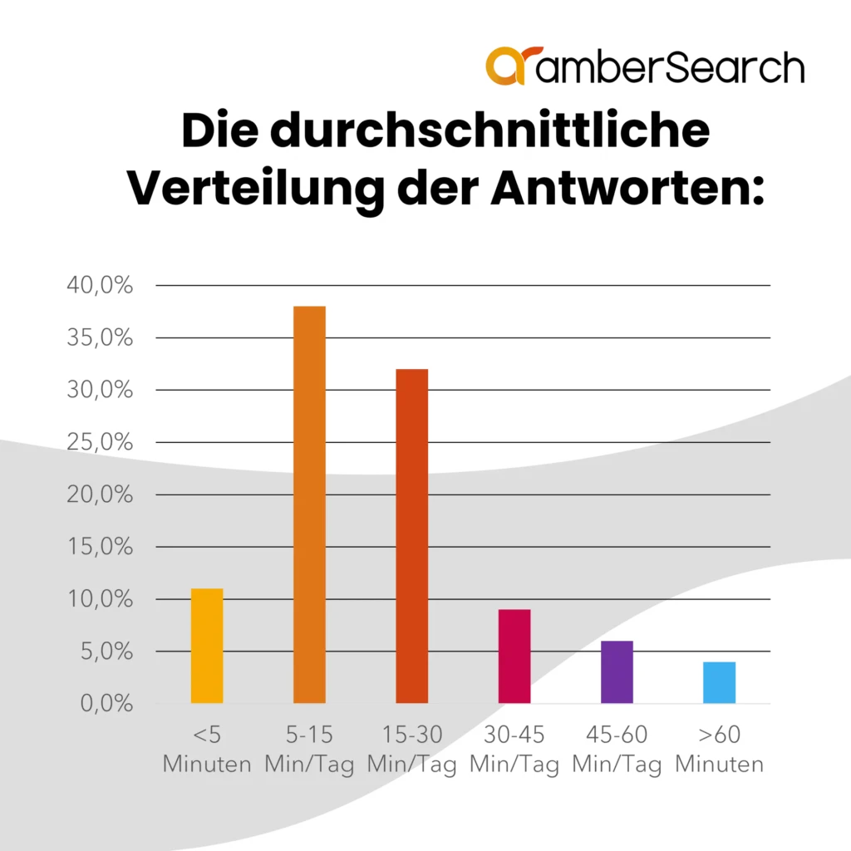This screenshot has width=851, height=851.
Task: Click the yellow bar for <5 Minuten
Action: tap(207, 646)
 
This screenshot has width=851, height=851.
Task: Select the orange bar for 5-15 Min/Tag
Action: tap(309, 504)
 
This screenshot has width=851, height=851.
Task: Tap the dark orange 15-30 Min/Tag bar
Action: tap(411, 536)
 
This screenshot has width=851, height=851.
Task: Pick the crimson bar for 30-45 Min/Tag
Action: tap(514, 657)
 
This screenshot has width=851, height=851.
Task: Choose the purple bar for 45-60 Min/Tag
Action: tap(617, 671)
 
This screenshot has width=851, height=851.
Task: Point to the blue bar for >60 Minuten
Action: tap(719, 682)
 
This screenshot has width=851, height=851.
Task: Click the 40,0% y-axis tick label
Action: tap(99, 286)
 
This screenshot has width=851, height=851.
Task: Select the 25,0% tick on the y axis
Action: tap(99, 442)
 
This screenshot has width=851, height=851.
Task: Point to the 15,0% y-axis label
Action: tap(99, 547)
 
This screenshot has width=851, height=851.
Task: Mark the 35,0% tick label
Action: tap(99, 338)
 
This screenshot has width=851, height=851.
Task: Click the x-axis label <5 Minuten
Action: tap(207, 750)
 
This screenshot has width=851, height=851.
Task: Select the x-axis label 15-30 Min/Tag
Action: tap(411, 750)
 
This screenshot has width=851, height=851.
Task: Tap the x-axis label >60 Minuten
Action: tap(719, 750)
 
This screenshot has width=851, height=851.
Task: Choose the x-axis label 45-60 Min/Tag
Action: tap(617, 750)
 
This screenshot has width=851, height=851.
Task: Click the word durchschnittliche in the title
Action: tap(490, 132)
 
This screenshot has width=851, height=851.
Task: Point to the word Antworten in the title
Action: tap(626, 189)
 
